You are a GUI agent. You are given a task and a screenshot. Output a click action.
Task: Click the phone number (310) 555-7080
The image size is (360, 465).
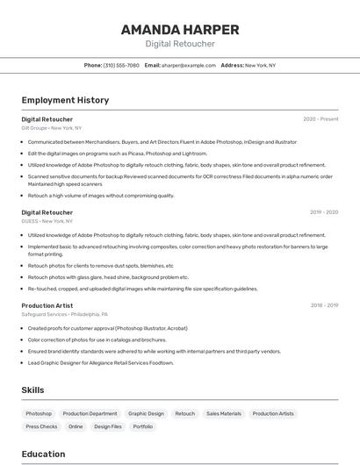pyautogui.click(x=121, y=65)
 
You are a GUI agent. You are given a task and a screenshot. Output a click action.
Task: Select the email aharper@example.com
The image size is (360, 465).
pyautogui.click(x=187, y=65)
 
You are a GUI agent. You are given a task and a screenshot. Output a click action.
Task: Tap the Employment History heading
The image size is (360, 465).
pyautogui.click(x=65, y=100)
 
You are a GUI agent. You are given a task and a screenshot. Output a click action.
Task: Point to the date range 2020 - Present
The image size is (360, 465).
pyautogui.click(x=320, y=119)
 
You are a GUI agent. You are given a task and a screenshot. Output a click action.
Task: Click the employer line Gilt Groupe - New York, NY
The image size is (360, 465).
pyautogui.click(x=51, y=128)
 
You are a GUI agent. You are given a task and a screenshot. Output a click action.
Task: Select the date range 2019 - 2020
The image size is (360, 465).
pyautogui.click(x=324, y=212)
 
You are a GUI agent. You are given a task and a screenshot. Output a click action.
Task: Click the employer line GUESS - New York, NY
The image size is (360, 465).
pyautogui.click(x=47, y=221)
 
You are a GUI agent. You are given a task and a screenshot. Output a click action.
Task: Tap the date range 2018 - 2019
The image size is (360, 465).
pyautogui.click(x=324, y=305)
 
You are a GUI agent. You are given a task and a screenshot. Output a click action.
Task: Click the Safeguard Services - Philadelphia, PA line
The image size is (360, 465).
pyautogui.click(x=64, y=314)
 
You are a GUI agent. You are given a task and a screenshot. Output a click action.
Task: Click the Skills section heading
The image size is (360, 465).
pyautogui.click(x=32, y=390)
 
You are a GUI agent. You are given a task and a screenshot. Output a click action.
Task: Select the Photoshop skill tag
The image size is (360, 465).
pyautogui.click(x=39, y=413)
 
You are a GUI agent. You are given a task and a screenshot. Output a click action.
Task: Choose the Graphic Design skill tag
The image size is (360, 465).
pyautogui.click(x=146, y=413)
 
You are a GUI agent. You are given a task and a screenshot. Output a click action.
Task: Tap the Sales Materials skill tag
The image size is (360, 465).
pyautogui.click(x=224, y=413)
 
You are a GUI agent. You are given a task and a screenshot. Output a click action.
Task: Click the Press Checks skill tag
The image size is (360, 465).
pyautogui.click(x=41, y=426)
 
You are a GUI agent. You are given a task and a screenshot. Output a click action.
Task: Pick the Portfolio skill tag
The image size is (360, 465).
pyautogui.click(x=142, y=426)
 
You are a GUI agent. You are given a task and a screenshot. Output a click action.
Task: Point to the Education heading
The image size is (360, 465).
pyautogui.click(x=43, y=454)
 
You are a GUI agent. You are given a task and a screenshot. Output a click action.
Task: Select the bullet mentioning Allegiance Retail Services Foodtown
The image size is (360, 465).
pyautogui.click(x=100, y=362)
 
